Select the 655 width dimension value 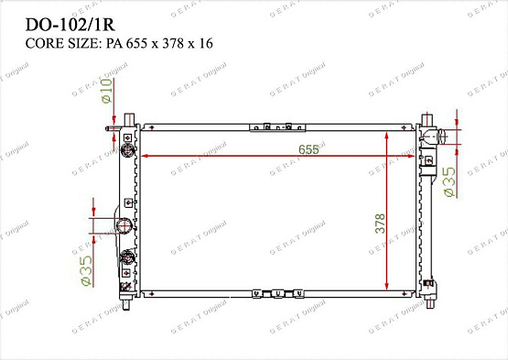pyautogui.click(x=295, y=148)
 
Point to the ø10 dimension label pyautogui.click(x=105, y=90)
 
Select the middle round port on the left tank pyautogui.click(x=121, y=226)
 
